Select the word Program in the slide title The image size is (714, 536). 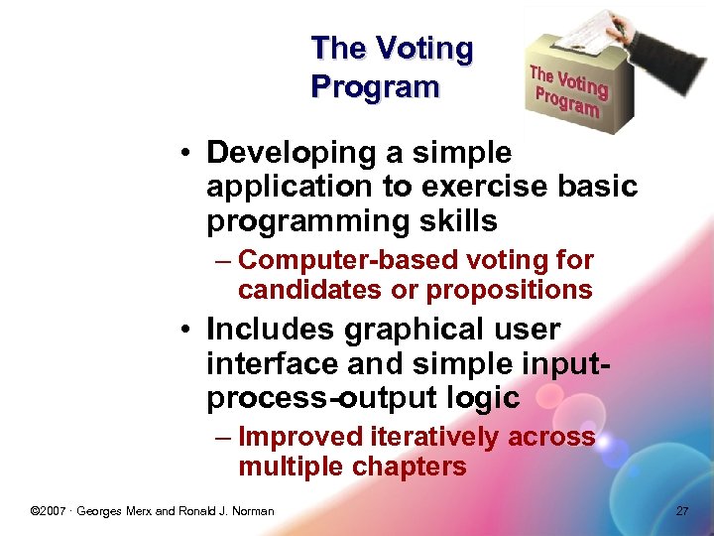[374, 87]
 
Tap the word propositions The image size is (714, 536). [509, 290]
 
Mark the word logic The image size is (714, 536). [484, 398]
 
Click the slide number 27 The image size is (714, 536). [681, 511]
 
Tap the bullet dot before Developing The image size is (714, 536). [186, 154]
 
